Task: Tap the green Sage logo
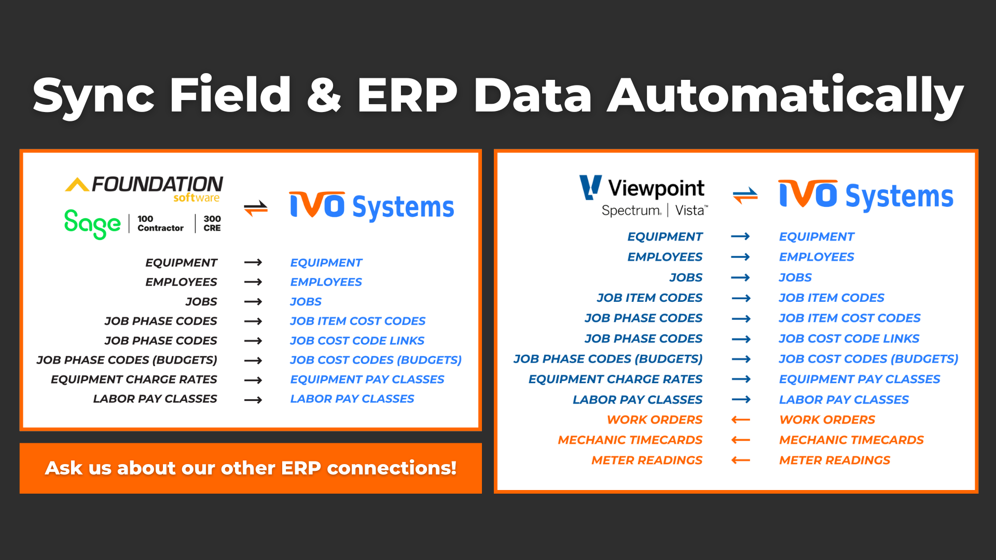click(92, 224)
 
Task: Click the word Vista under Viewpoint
click(690, 211)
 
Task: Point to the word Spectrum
click(631, 211)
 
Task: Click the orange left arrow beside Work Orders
click(741, 419)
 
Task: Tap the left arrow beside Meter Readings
click(741, 460)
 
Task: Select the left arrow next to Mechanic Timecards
click(741, 440)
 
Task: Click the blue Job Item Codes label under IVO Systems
click(831, 298)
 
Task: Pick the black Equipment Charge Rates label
click(134, 380)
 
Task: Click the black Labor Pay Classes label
click(155, 399)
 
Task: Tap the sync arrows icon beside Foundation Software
click(256, 208)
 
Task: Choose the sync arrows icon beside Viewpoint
click(745, 195)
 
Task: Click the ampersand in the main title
click(324, 95)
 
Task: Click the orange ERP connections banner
click(251, 468)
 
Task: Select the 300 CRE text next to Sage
click(212, 223)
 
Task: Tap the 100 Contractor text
click(160, 223)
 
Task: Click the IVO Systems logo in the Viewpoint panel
click(866, 195)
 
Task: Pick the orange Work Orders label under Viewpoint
click(655, 419)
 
